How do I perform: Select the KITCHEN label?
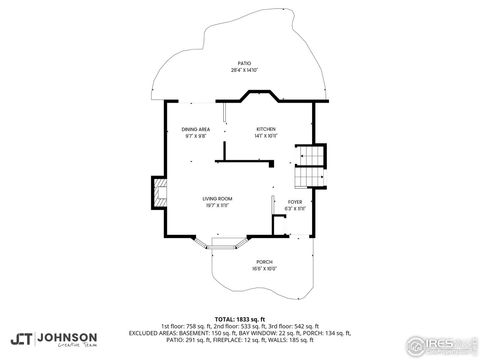[265, 129]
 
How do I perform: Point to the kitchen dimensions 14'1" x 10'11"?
[265, 136]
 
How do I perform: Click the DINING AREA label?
[195, 129]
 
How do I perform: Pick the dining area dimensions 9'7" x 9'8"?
[195, 136]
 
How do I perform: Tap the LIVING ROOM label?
[218, 199]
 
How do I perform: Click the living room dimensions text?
[218, 206]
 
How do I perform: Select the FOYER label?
[295, 201]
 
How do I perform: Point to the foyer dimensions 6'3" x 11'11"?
[295, 208]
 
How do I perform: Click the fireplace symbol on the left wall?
[158, 193]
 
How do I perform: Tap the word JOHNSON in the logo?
[68, 337]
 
